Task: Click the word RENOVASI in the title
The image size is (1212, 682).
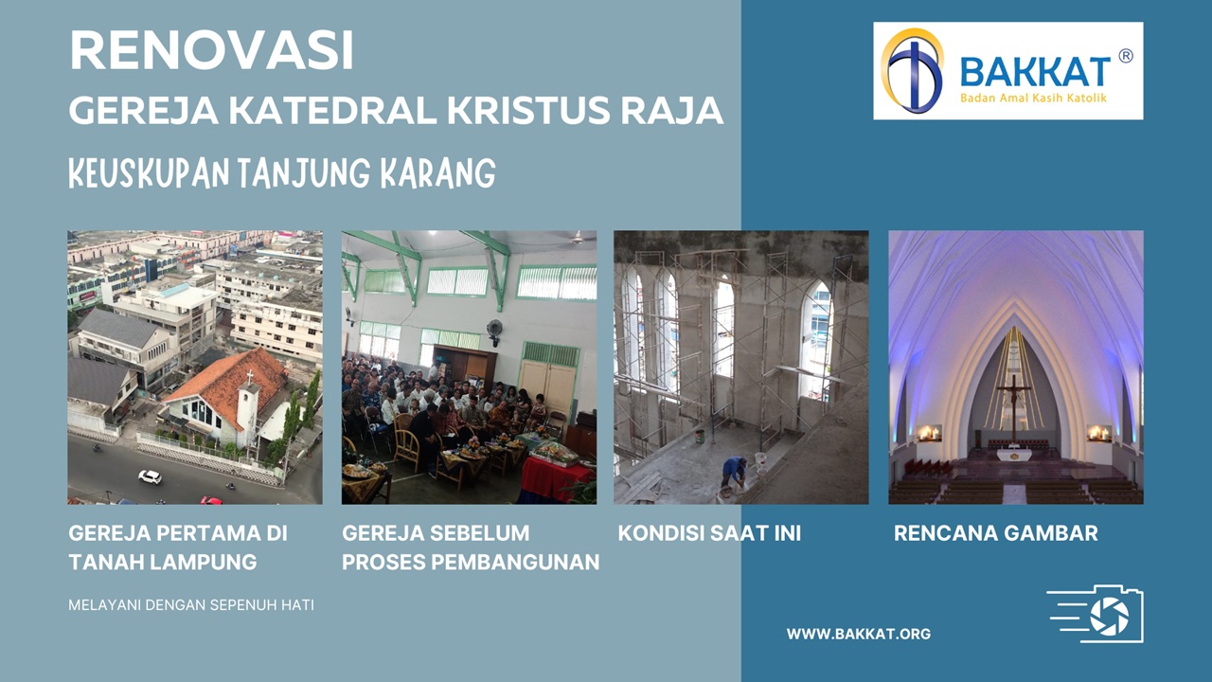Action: [211, 51]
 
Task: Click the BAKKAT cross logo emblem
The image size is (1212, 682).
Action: [913, 71]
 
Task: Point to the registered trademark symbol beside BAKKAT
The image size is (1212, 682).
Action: [1125, 56]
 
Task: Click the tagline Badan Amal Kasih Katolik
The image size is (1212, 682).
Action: [1033, 97]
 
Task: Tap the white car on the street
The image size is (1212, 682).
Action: [150, 476]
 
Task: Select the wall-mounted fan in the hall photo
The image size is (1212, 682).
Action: [494, 330]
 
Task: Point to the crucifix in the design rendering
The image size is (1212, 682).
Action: [1015, 403]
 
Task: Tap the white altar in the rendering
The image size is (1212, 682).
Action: [1015, 455]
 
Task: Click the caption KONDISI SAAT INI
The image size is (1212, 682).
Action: [709, 533]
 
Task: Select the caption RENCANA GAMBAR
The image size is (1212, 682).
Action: [995, 533]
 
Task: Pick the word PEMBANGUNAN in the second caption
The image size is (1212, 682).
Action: [515, 562]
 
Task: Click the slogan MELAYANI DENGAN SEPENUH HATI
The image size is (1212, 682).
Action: [191, 604]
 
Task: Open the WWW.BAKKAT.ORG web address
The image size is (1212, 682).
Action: [858, 634]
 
